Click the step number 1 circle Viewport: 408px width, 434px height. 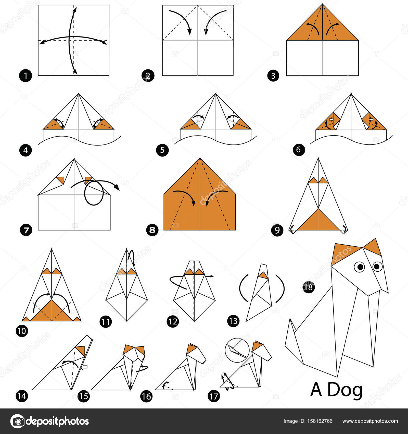pos(25,76)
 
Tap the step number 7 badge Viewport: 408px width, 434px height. pos(26,230)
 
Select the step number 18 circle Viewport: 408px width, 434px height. pos(309,287)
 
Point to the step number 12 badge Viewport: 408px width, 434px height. pos(173,321)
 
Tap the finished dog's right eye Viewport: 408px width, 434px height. pos(377,266)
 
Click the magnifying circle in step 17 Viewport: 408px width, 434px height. pos(237,350)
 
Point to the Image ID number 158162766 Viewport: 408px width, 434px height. pos(320,421)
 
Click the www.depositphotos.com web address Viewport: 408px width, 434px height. pos(370,421)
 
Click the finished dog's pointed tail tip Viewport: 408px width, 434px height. pos(290,319)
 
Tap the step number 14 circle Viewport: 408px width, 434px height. pos(22,396)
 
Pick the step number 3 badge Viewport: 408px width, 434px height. pos(273,76)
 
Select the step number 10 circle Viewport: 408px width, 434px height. pos(22,331)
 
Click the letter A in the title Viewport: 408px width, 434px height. pos(316,390)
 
